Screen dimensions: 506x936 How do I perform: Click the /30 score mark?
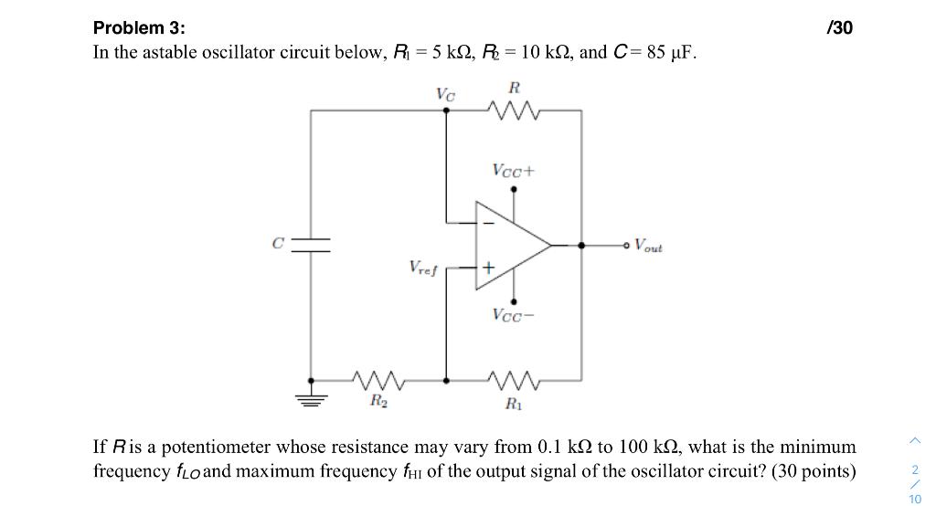tap(838, 27)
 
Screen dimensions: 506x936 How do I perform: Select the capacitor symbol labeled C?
tap(311, 244)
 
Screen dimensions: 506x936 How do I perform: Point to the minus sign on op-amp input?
tap(488, 221)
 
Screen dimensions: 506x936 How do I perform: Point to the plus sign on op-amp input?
tap(488, 268)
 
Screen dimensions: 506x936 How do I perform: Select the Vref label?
tap(423, 269)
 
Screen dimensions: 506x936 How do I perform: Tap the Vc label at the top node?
tap(446, 92)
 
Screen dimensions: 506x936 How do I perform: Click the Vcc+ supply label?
tap(515, 171)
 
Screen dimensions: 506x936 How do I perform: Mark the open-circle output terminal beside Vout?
tap(625, 245)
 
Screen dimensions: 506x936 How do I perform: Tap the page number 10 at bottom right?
tap(915, 499)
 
